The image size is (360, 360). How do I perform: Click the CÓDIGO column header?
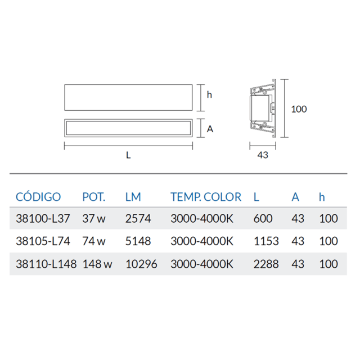(38, 197)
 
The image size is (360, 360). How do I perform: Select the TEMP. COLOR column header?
(205, 197)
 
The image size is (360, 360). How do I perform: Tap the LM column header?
(133, 197)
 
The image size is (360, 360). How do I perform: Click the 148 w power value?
(97, 264)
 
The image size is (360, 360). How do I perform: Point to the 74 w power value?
(94, 241)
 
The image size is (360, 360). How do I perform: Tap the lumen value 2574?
(138, 219)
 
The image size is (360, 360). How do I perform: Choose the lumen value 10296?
(141, 264)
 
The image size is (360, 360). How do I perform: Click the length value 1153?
(266, 241)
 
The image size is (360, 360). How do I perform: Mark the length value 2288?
(266, 264)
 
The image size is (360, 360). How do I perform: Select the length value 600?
(263, 219)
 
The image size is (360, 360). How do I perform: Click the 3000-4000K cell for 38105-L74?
(201, 241)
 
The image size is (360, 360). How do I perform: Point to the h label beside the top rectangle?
(209, 94)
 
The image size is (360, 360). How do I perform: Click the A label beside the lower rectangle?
(210, 129)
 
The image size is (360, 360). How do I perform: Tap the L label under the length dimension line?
(129, 156)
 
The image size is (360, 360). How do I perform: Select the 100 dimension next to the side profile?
(299, 109)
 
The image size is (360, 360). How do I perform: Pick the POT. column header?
(94, 197)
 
